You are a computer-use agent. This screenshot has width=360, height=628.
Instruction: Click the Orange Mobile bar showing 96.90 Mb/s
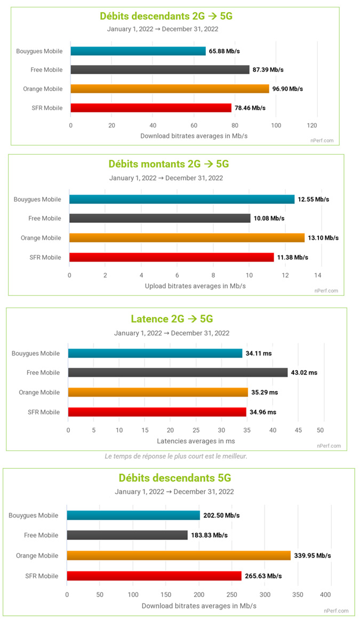170,88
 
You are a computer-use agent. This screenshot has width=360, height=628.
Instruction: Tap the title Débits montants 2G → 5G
169,164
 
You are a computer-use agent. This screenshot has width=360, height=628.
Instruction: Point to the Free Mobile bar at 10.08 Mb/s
159,218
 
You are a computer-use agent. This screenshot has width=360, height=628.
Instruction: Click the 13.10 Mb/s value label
323,238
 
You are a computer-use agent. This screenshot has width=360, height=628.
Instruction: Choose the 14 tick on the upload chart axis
318,275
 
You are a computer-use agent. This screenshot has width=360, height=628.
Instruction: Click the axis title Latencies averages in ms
196,441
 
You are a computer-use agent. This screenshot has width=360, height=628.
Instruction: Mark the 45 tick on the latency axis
298,430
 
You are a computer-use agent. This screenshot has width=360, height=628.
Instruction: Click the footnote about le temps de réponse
176,456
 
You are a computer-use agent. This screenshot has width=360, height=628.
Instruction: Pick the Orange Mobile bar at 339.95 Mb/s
179,555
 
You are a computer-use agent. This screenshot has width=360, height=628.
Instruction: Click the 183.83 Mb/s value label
209,535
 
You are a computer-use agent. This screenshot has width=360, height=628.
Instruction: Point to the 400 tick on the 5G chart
325,594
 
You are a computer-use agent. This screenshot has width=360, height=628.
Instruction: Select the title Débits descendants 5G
174,478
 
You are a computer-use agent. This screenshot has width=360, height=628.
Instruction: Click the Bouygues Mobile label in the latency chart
35,353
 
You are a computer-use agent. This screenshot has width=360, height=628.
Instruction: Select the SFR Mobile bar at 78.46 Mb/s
151,108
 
